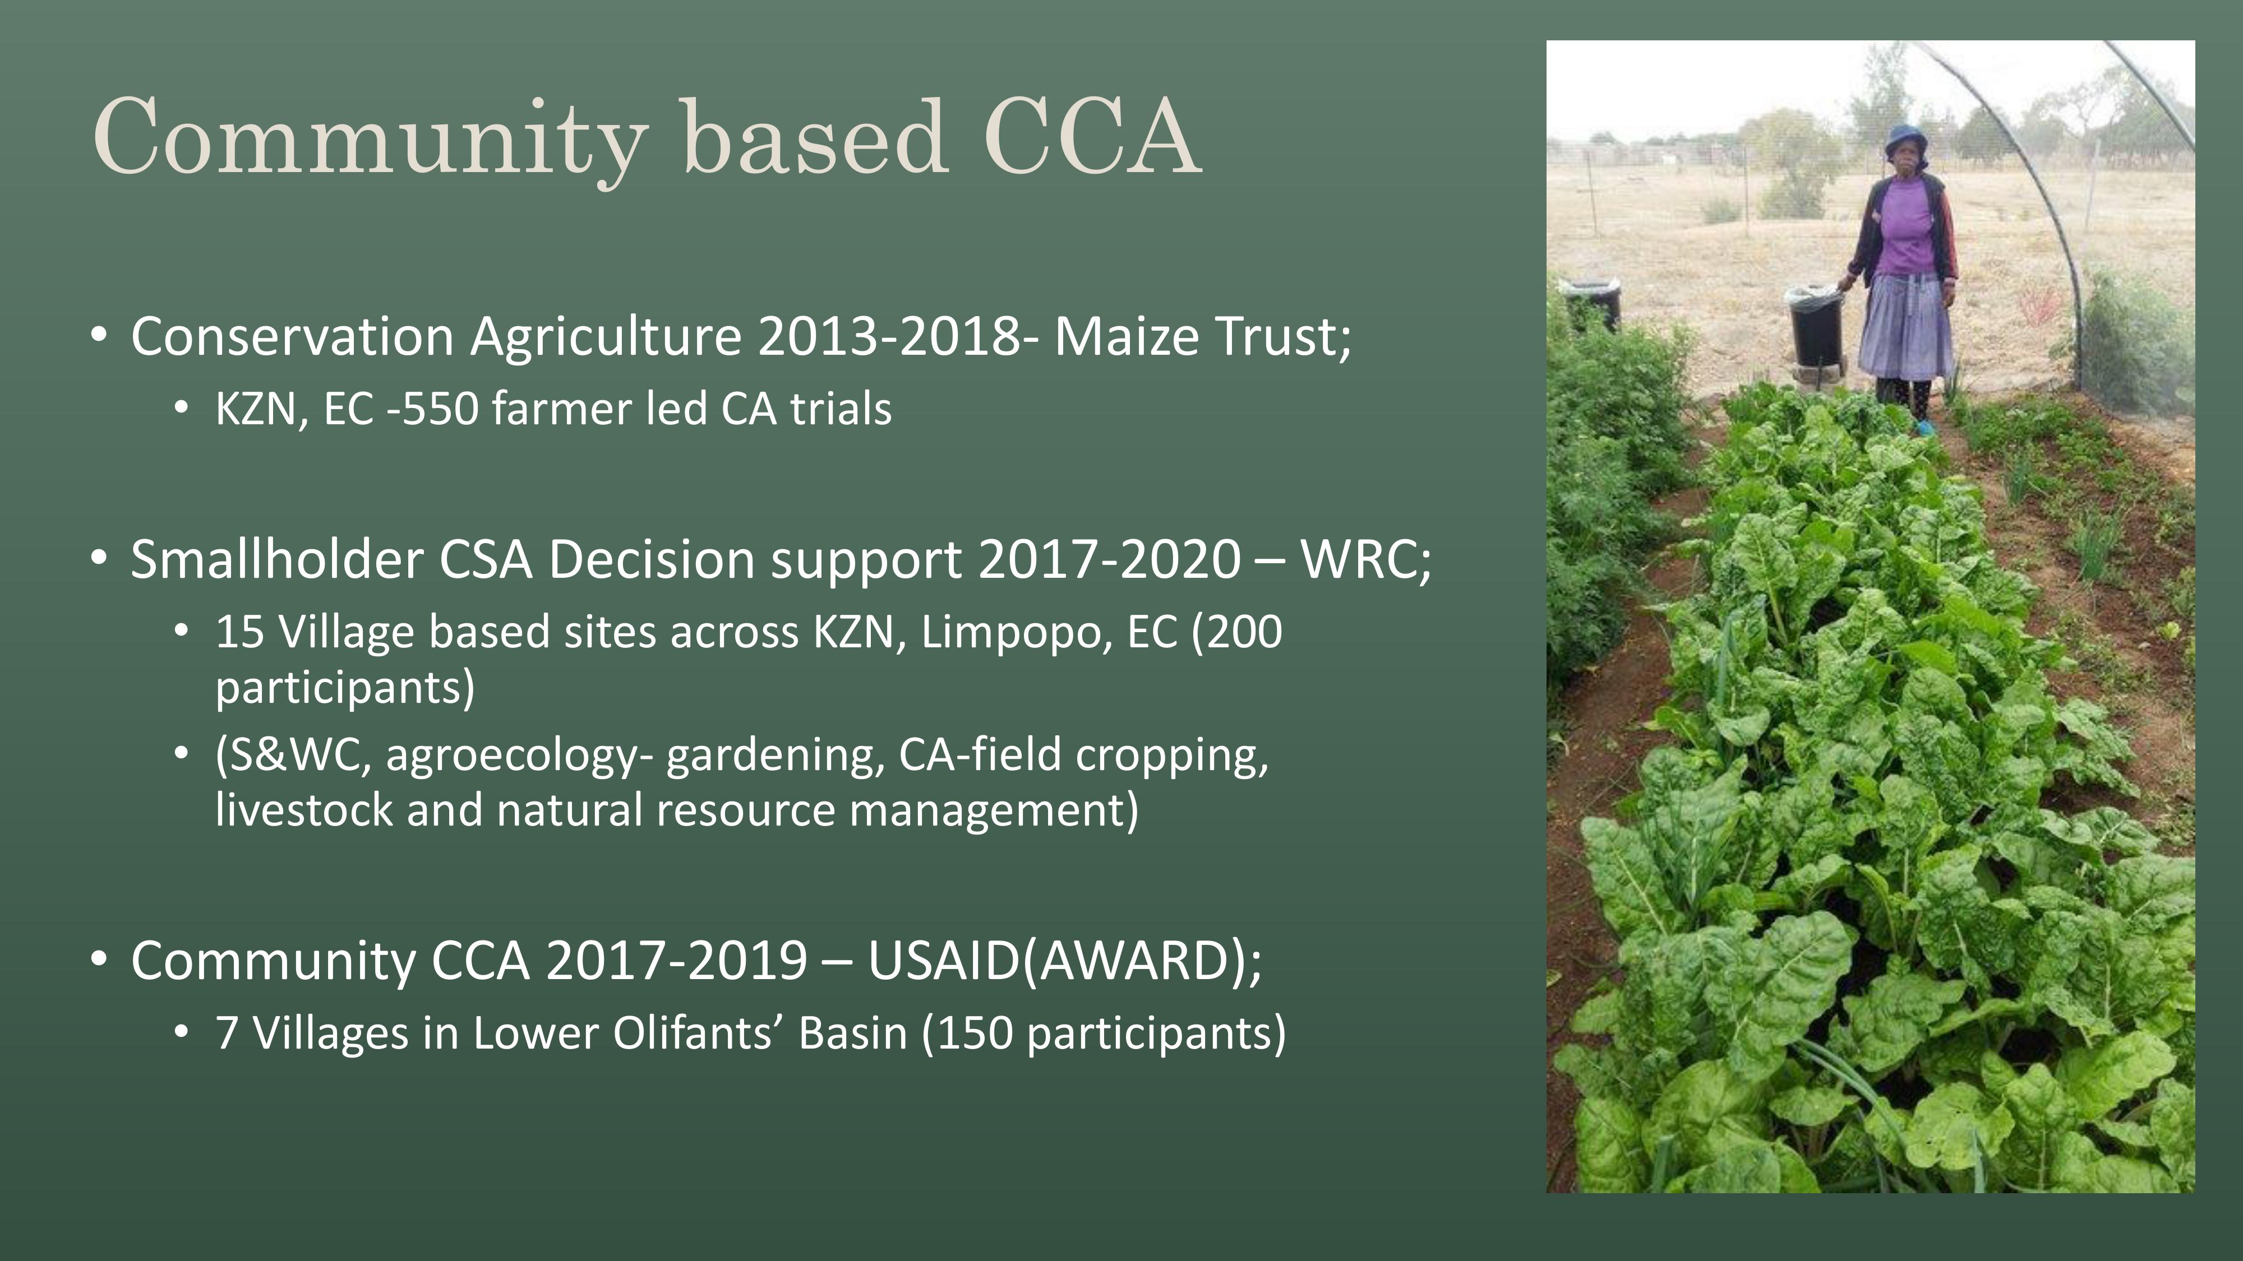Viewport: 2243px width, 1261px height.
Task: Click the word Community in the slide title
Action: point(371,139)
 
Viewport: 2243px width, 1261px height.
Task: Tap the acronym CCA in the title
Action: point(1093,137)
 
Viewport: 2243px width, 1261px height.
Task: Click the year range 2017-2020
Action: point(1109,559)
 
